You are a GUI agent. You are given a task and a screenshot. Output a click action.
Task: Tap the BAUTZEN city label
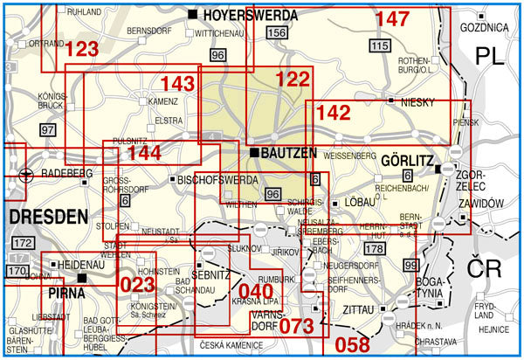(x=289, y=153)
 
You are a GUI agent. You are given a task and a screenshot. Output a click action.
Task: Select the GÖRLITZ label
(x=407, y=161)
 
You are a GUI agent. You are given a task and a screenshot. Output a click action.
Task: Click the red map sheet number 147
(x=392, y=19)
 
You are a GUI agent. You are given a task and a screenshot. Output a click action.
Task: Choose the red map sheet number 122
(x=293, y=80)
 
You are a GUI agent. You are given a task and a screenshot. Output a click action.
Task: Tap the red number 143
(x=177, y=84)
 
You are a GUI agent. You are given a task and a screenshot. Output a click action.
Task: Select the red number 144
(x=143, y=153)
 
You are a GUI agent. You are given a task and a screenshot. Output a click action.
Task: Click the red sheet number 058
(x=353, y=343)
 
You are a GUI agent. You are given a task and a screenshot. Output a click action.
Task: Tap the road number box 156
(x=278, y=33)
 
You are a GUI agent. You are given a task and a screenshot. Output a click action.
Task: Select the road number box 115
(x=379, y=45)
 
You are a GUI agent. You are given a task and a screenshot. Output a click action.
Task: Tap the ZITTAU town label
(x=358, y=309)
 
